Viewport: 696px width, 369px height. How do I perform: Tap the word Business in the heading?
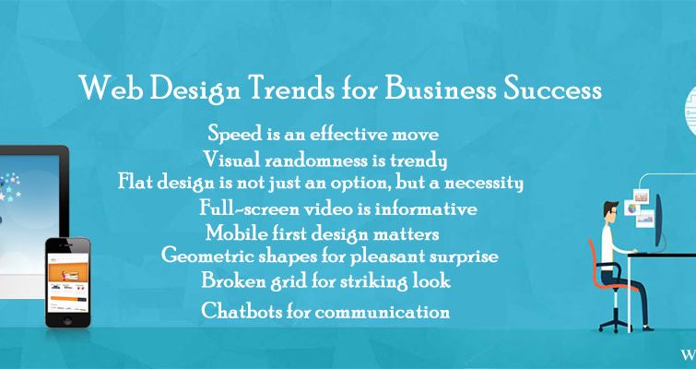tap(434, 90)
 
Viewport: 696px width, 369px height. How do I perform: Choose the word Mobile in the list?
tap(234, 232)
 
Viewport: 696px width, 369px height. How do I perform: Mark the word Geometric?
tap(206, 256)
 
